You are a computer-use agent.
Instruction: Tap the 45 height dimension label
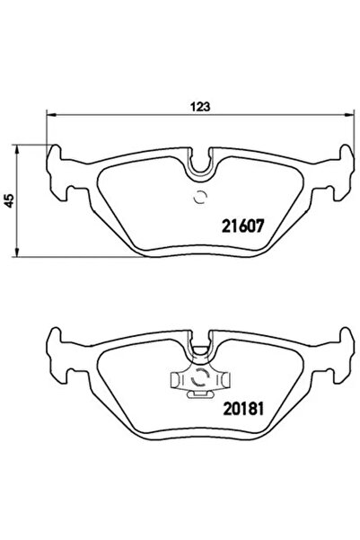(9, 202)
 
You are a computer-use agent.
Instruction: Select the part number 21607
(241, 227)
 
